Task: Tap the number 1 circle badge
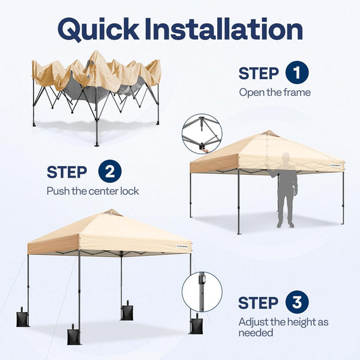[x=297, y=73]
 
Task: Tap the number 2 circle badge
[x=109, y=172]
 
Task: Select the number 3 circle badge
[x=297, y=302]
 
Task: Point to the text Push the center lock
[x=92, y=191]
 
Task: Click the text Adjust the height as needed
[x=283, y=327]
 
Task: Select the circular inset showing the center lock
[x=202, y=133]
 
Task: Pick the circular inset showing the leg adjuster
[x=202, y=292]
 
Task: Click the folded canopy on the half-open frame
[x=96, y=75]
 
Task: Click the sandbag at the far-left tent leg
[x=22, y=318]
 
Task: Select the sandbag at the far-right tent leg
[x=196, y=325]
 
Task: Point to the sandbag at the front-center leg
[x=74, y=334]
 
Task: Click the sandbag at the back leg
[x=127, y=310]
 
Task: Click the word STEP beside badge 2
[x=67, y=173]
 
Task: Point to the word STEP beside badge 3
[x=258, y=303]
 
